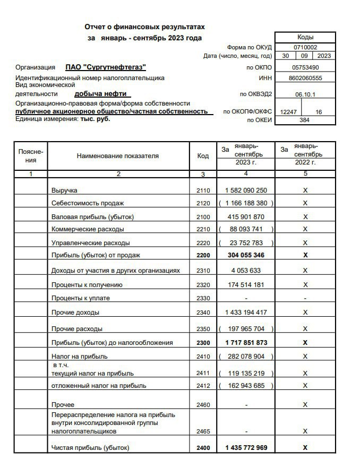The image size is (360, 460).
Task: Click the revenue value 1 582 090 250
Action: point(246,190)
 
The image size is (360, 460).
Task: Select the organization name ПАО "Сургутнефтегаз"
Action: point(106,67)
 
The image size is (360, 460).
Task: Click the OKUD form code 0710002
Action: point(305,47)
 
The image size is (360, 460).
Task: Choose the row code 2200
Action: point(203,256)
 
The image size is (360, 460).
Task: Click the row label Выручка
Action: point(64,190)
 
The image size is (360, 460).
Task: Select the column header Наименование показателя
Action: point(118,156)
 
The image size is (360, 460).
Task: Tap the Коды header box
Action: point(305,37)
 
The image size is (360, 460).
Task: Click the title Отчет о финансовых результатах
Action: point(144,27)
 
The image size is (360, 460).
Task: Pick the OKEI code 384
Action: point(305,120)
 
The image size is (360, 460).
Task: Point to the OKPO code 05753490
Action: point(305,67)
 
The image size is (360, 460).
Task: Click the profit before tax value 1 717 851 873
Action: point(246,343)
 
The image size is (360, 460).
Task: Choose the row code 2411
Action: point(203,373)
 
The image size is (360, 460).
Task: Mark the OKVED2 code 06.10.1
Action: point(305,94)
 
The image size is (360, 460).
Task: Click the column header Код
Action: point(203,156)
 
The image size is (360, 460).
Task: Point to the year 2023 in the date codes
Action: point(324,56)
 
